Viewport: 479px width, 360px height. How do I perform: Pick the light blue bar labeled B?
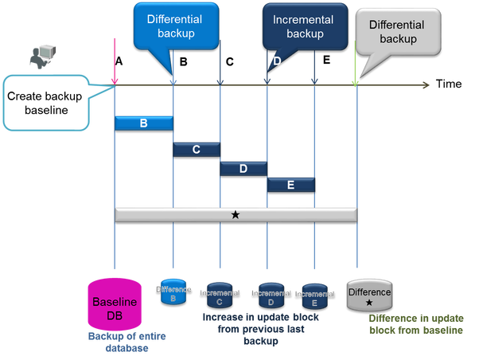click(144, 123)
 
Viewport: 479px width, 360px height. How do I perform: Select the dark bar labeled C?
click(197, 149)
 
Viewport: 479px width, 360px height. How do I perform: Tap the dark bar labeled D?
click(243, 168)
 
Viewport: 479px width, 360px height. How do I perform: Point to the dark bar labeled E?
click(290, 185)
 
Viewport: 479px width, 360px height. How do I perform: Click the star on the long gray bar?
click(236, 214)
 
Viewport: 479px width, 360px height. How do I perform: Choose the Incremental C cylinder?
click(220, 295)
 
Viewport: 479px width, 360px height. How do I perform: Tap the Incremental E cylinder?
click(313, 295)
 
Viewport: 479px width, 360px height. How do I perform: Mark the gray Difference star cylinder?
click(369, 295)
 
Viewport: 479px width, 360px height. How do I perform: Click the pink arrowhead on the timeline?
click(115, 80)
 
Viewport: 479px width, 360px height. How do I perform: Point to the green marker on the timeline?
click(356, 82)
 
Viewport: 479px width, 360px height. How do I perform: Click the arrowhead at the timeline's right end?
click(427, 84)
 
